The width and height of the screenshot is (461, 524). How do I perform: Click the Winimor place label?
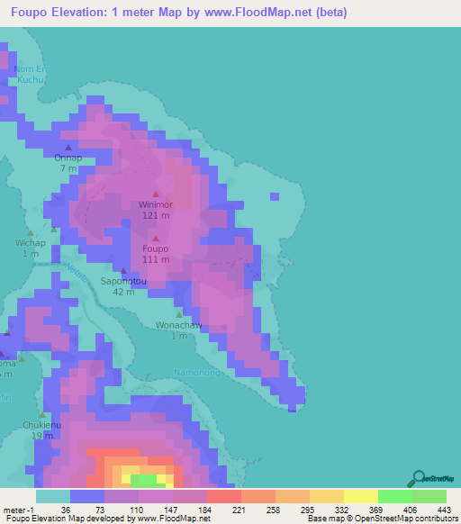pyautogui.click(x=155, y=204)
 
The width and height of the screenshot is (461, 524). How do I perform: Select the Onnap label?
pyautogui.click(x=68, y=158)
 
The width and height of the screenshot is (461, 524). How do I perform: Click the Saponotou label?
pyautogui.click(x=123, y=281)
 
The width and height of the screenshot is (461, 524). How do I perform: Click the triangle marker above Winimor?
pyautogui.click(x=155, y=194)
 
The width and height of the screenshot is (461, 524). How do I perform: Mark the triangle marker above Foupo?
pyautogui.click(x=155, y=238)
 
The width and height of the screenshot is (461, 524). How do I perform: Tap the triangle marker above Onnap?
pyautogui.click(x=68, y=147)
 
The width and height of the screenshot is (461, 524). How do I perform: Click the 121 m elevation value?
pyautogui.click(x=155, y=216)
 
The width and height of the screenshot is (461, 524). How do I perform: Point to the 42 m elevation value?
pyautogui.click(x=123, y=293)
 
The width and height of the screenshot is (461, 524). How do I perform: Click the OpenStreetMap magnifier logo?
pyautogui.click(x=417, y=478)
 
